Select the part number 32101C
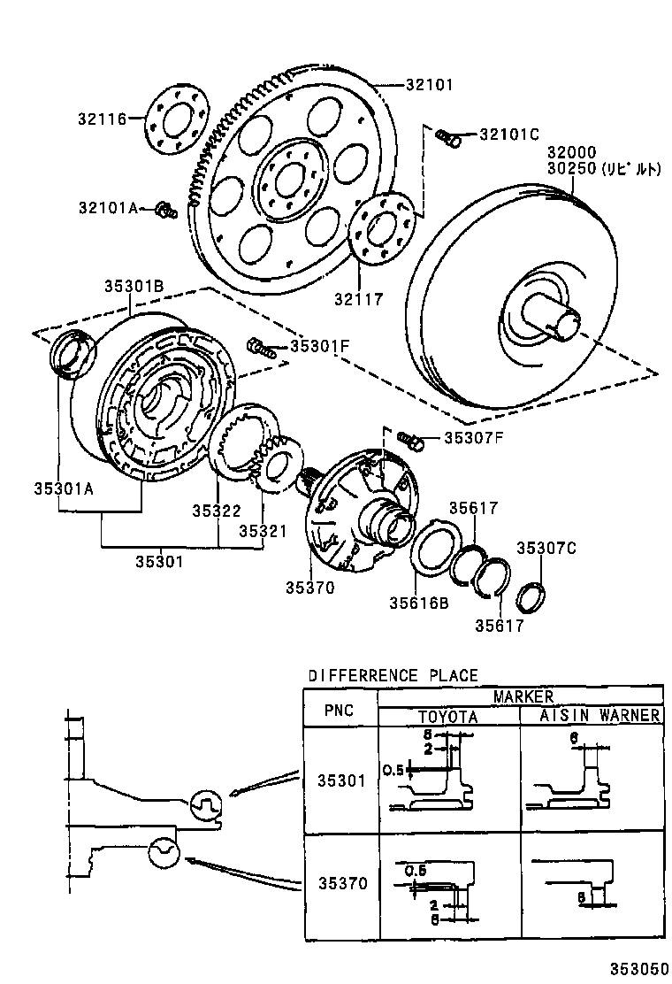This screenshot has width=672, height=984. point(508,135)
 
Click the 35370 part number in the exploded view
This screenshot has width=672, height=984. point(309,587)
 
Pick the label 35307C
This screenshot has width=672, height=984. point(546,548)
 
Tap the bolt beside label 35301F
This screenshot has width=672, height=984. point(259,346)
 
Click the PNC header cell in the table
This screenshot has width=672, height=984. point(340,709)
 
